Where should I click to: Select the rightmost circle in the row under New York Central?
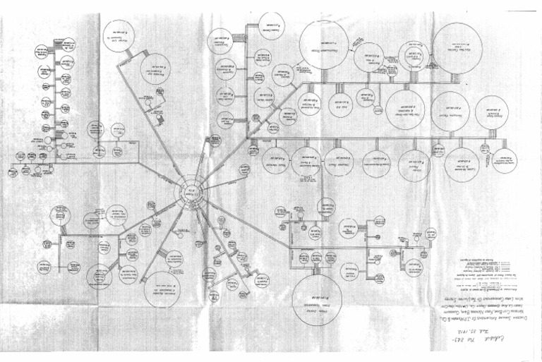point(491,113)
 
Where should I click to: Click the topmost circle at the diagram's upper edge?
point(272,21)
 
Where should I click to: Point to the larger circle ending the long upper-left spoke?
point(155,70)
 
